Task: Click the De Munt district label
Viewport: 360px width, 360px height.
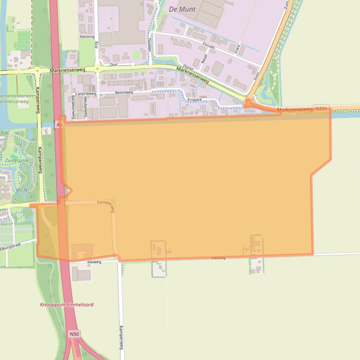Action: pyautogui.click(x=182, y=9)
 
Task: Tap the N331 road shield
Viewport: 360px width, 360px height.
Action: pyautogui.click(x=322, y=109)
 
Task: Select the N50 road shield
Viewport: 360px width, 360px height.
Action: pyautogui.click(x=74, y=334)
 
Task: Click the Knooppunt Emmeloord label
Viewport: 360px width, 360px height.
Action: pyautogui.click(x=66, y=304)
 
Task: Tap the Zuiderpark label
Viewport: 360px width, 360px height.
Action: pyautogui.click(x=17, y=160)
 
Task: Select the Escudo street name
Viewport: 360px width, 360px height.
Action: pyautogui.click(x=208, y=46)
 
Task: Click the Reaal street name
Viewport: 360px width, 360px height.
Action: pyautogui.click(x=204, y=58)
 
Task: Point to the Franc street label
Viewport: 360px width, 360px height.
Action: pyautogui.click(x=237, y=48)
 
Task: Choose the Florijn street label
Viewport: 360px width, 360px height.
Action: pyautogui.click(x=188, y=68)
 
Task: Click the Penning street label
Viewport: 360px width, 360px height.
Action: pyautogui.click(x=87, y=36)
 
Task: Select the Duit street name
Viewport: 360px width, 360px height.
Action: pyautogui.click(x=113, y=65)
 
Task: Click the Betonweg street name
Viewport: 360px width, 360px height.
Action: pyautogui.click(x=124, y=93)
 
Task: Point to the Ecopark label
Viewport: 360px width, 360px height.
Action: pyautogui.click(x=194, y=100)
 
